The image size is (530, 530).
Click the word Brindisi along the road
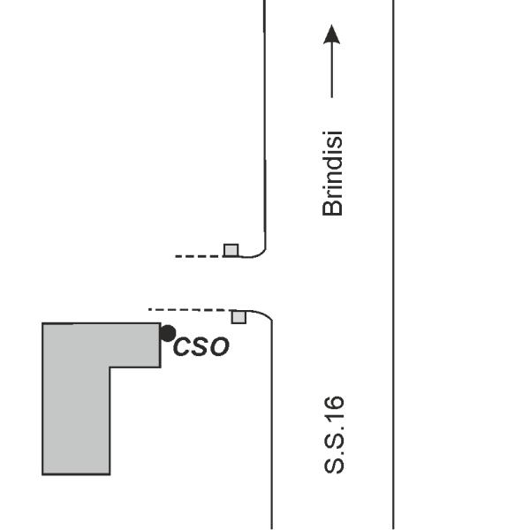(x=333, y=173)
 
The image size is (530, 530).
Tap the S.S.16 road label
(x=334, y=435)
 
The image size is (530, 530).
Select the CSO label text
(x=201, y=346)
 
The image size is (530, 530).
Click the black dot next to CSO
(x=168, y=333)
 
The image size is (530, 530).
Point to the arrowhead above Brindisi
(x=332, y=34)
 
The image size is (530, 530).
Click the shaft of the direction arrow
(x=332, y=71)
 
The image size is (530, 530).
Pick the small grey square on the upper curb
(x=231, y=250)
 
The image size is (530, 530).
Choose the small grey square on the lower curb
(x=238, y=317)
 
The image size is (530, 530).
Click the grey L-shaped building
(x=76, y=399)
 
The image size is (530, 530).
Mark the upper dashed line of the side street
(x=200, y=256)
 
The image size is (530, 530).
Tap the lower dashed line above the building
(x=190, y=310)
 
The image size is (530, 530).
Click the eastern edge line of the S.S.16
(x=393, y=265)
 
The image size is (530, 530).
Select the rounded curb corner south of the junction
(x=265, y=314)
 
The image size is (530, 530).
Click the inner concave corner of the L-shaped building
(x=110, y=367)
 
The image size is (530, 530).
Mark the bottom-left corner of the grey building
(x=42, y=474)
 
